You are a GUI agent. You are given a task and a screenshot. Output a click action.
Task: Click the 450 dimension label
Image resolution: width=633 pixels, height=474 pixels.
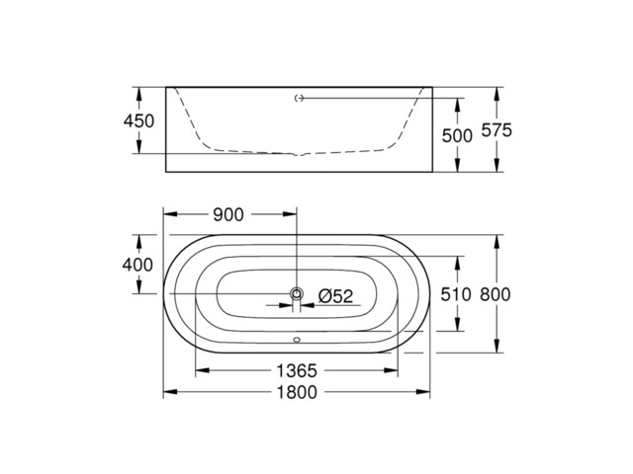[x=139, y=120]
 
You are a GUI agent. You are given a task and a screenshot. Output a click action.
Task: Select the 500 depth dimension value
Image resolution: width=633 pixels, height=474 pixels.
[x=457, y=135]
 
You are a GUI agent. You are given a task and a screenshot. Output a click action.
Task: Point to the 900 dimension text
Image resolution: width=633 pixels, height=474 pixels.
[x=228, y=214]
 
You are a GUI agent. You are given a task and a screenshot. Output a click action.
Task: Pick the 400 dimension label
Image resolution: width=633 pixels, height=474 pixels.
[x=139, y=265]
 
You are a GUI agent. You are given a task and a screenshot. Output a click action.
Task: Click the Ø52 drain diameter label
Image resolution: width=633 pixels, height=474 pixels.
[x=335, y=295]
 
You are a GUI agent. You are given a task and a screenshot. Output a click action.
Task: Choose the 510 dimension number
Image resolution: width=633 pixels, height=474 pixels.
[x=457, y=295]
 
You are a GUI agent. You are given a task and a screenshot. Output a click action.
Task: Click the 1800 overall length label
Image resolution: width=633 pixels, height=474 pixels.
[x=296, y=392]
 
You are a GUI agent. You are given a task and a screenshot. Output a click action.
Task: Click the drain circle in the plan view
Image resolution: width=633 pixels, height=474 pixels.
[x=296, y=294]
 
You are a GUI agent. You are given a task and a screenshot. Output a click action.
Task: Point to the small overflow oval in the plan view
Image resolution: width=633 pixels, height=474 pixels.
[x=296, y=343]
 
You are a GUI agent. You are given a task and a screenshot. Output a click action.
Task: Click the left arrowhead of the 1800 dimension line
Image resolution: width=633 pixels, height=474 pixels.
[x=169, y=392]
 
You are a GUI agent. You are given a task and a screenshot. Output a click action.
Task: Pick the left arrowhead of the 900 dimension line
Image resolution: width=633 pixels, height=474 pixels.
[x=169, y=214]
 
